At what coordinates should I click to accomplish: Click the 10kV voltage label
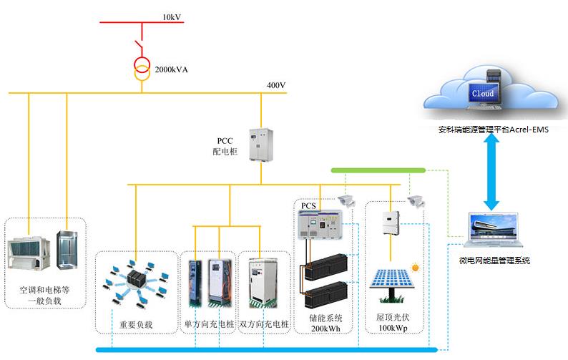172,16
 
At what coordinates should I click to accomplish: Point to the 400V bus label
276,86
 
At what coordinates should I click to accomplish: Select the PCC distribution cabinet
258,145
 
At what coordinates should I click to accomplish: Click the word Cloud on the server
482,94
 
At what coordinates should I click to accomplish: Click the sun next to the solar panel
416,268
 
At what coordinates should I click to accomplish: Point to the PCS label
308,206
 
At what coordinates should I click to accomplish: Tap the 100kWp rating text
393,328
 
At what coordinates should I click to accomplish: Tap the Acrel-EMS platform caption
493,131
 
